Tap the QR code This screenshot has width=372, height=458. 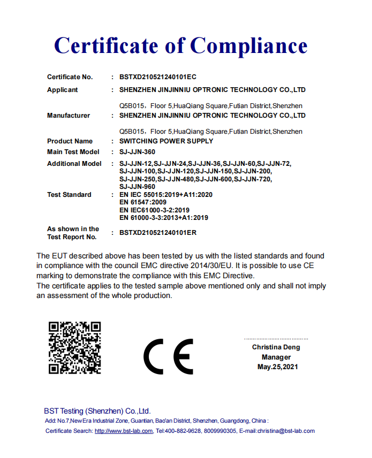pos(74,347)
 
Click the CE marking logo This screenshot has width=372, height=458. pos(168,356)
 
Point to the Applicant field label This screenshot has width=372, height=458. pos(62,90)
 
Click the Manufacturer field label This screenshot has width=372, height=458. pos(69,116)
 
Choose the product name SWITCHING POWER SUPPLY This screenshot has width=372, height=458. pos(166,141)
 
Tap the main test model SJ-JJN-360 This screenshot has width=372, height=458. pos(138,152)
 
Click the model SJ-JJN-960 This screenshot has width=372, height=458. pos(137,187)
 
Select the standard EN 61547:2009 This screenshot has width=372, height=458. pos(143,202)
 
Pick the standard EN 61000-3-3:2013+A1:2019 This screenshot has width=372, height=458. pos(164,218)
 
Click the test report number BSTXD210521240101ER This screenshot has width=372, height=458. pos(158,233)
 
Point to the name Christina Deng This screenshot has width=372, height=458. pos(276,347)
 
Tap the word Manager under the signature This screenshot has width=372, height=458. pos(276,357)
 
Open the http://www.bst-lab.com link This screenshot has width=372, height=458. pos(124,431)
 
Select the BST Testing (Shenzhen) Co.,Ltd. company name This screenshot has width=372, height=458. pos(97,411)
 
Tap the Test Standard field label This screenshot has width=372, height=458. pos(69,195)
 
